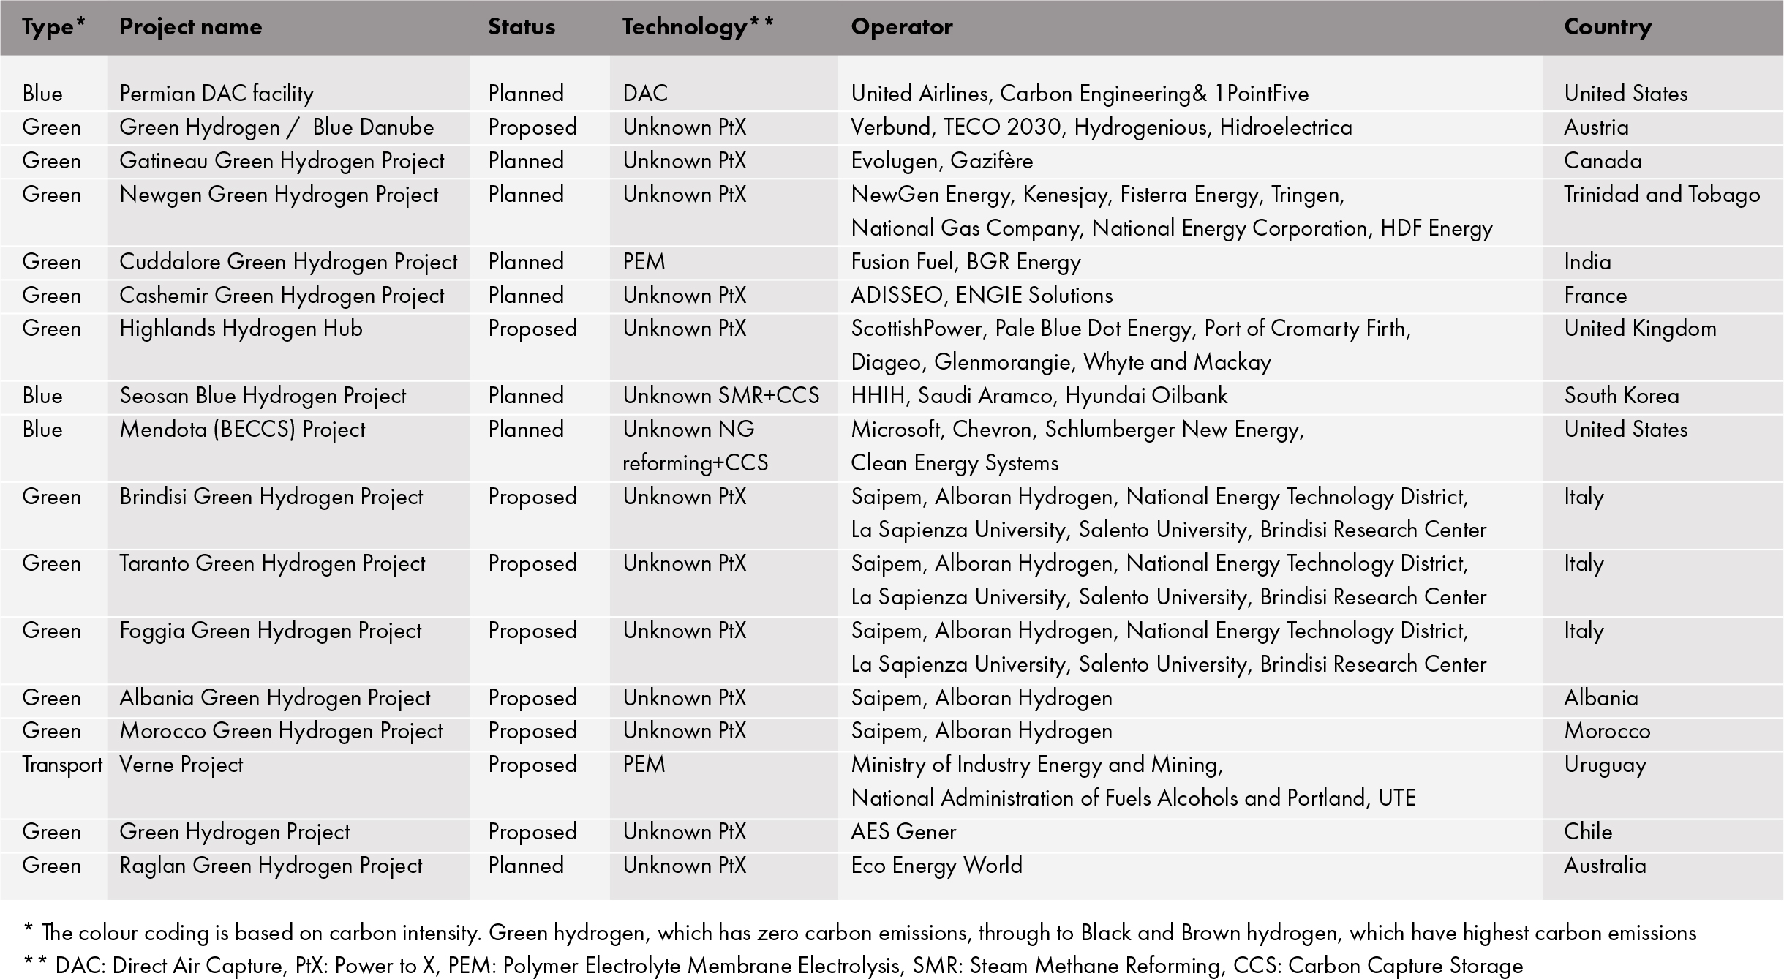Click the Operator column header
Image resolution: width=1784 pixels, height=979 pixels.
coord(901,27)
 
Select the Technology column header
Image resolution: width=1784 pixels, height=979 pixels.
coord(697,27)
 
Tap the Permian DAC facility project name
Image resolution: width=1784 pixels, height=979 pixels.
coord(217,94)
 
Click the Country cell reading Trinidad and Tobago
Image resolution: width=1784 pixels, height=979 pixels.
coord(1661,195)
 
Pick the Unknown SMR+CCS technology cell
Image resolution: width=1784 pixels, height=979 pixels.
coord(720,396)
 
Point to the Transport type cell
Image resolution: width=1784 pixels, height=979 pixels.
coord(61,765)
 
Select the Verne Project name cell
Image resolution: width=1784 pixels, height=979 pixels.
coord(181,765)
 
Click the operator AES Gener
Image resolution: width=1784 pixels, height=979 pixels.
coord(903,832)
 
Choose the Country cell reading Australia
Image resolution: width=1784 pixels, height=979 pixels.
coord(1605,866)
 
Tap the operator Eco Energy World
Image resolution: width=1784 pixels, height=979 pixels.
coord(936,866)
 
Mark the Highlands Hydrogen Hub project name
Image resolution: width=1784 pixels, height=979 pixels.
coord(241,329)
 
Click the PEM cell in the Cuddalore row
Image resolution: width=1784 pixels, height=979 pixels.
coord(644,262)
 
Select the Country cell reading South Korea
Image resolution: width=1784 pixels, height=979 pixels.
coord(1621,396)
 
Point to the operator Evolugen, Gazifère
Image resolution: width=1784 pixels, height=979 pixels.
coord(941,161)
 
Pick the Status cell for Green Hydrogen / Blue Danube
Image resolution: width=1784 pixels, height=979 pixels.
coord(532,127)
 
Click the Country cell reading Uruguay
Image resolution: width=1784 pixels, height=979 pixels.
coord(1605,765)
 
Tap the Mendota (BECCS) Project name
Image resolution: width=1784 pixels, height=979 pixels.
coord(242,430)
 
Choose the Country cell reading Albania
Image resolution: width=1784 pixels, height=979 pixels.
coord(1600,698)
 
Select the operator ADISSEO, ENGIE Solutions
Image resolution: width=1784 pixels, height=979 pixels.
coord(982,296)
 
